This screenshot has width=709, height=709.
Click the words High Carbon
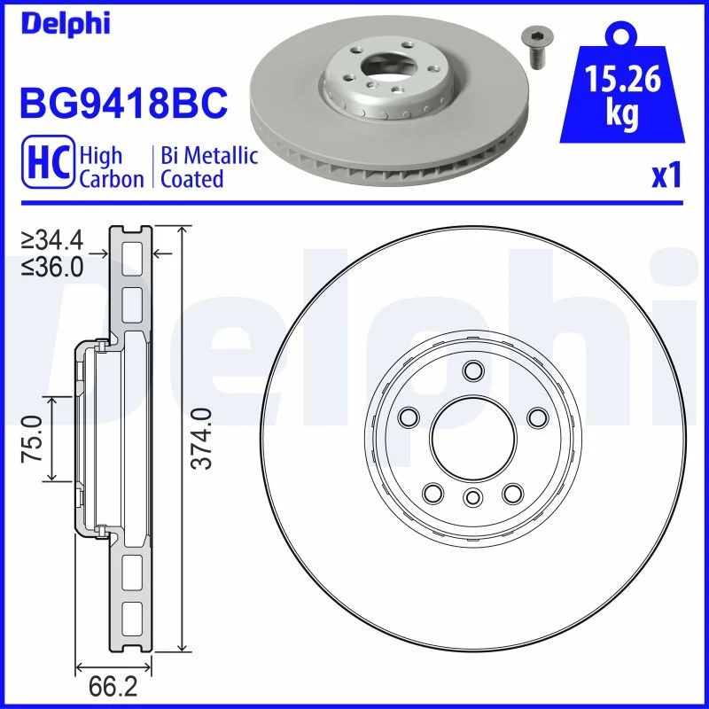tap(111, 168)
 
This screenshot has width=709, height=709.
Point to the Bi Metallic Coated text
tap(209, 168)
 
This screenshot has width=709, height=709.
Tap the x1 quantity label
tap(666, 175)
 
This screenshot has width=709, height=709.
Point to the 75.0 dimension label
tap(33, 439)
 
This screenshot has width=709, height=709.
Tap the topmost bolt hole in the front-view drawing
tap(472, 370)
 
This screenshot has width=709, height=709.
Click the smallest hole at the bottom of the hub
tap(472, 497)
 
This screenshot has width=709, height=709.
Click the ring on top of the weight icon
tap(622, 36)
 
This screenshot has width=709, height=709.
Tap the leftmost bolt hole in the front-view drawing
tap(409, 417)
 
